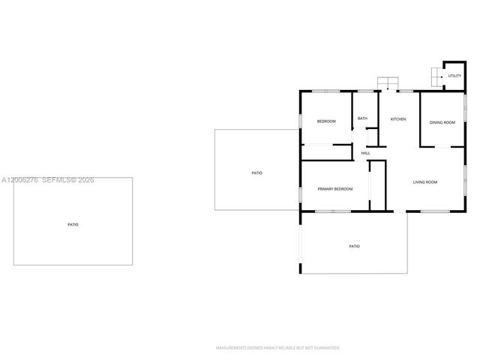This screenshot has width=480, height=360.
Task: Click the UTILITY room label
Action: point(454,76)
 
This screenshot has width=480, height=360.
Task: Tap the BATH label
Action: point(362,118)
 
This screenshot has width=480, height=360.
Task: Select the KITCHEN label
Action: point(397,119)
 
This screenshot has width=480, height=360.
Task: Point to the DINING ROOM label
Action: point(442,122)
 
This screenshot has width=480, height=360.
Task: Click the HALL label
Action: point(365,154)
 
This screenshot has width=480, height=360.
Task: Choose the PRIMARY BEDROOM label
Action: point(334,189)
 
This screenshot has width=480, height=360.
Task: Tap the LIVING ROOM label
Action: point(425,182)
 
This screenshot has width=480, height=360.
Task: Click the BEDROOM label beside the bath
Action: point(325,121)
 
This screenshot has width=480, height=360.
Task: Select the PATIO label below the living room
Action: point(354,246)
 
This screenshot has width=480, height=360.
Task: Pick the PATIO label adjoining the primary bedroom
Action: point(256,173)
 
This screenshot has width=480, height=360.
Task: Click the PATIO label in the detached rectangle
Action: point(73,224)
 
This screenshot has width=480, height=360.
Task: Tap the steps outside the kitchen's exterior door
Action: point(388,82)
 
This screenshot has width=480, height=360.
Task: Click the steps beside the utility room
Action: point(436,76)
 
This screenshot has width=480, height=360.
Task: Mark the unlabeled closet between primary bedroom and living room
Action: point(376,184)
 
